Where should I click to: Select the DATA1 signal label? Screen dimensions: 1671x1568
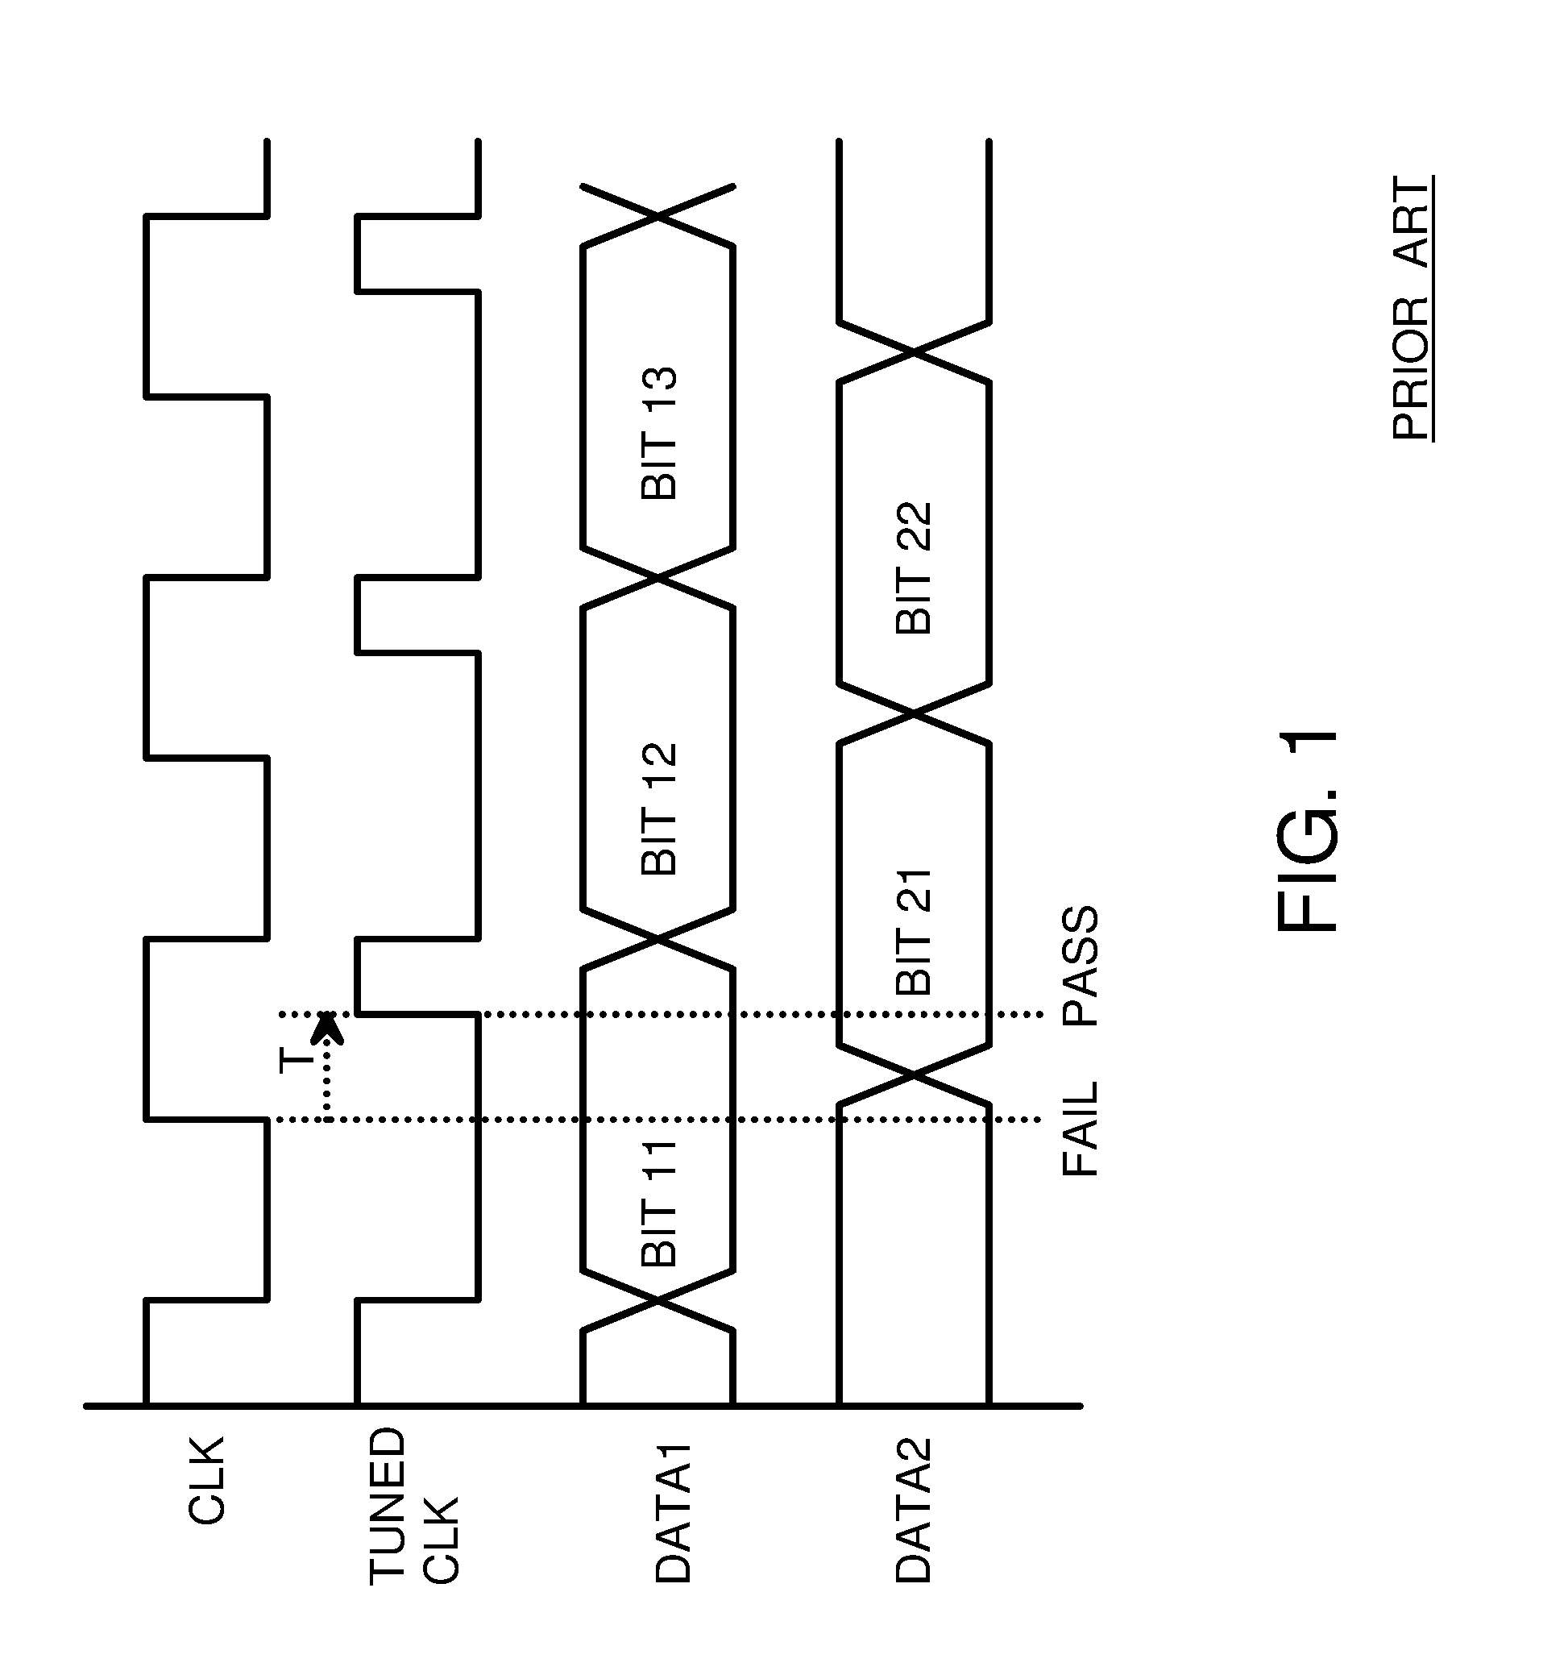pos(673,1513)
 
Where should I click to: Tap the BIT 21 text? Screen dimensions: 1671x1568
pos(915,932)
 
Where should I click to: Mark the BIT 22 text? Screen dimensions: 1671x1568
pos(915,567)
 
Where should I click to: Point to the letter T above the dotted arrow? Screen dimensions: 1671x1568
pos(296,1061)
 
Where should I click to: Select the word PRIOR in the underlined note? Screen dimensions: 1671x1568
pos(1412,370)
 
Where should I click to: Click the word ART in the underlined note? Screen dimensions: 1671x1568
pos(1412,222)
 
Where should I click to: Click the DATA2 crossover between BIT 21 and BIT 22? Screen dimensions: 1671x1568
pos(915,714)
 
